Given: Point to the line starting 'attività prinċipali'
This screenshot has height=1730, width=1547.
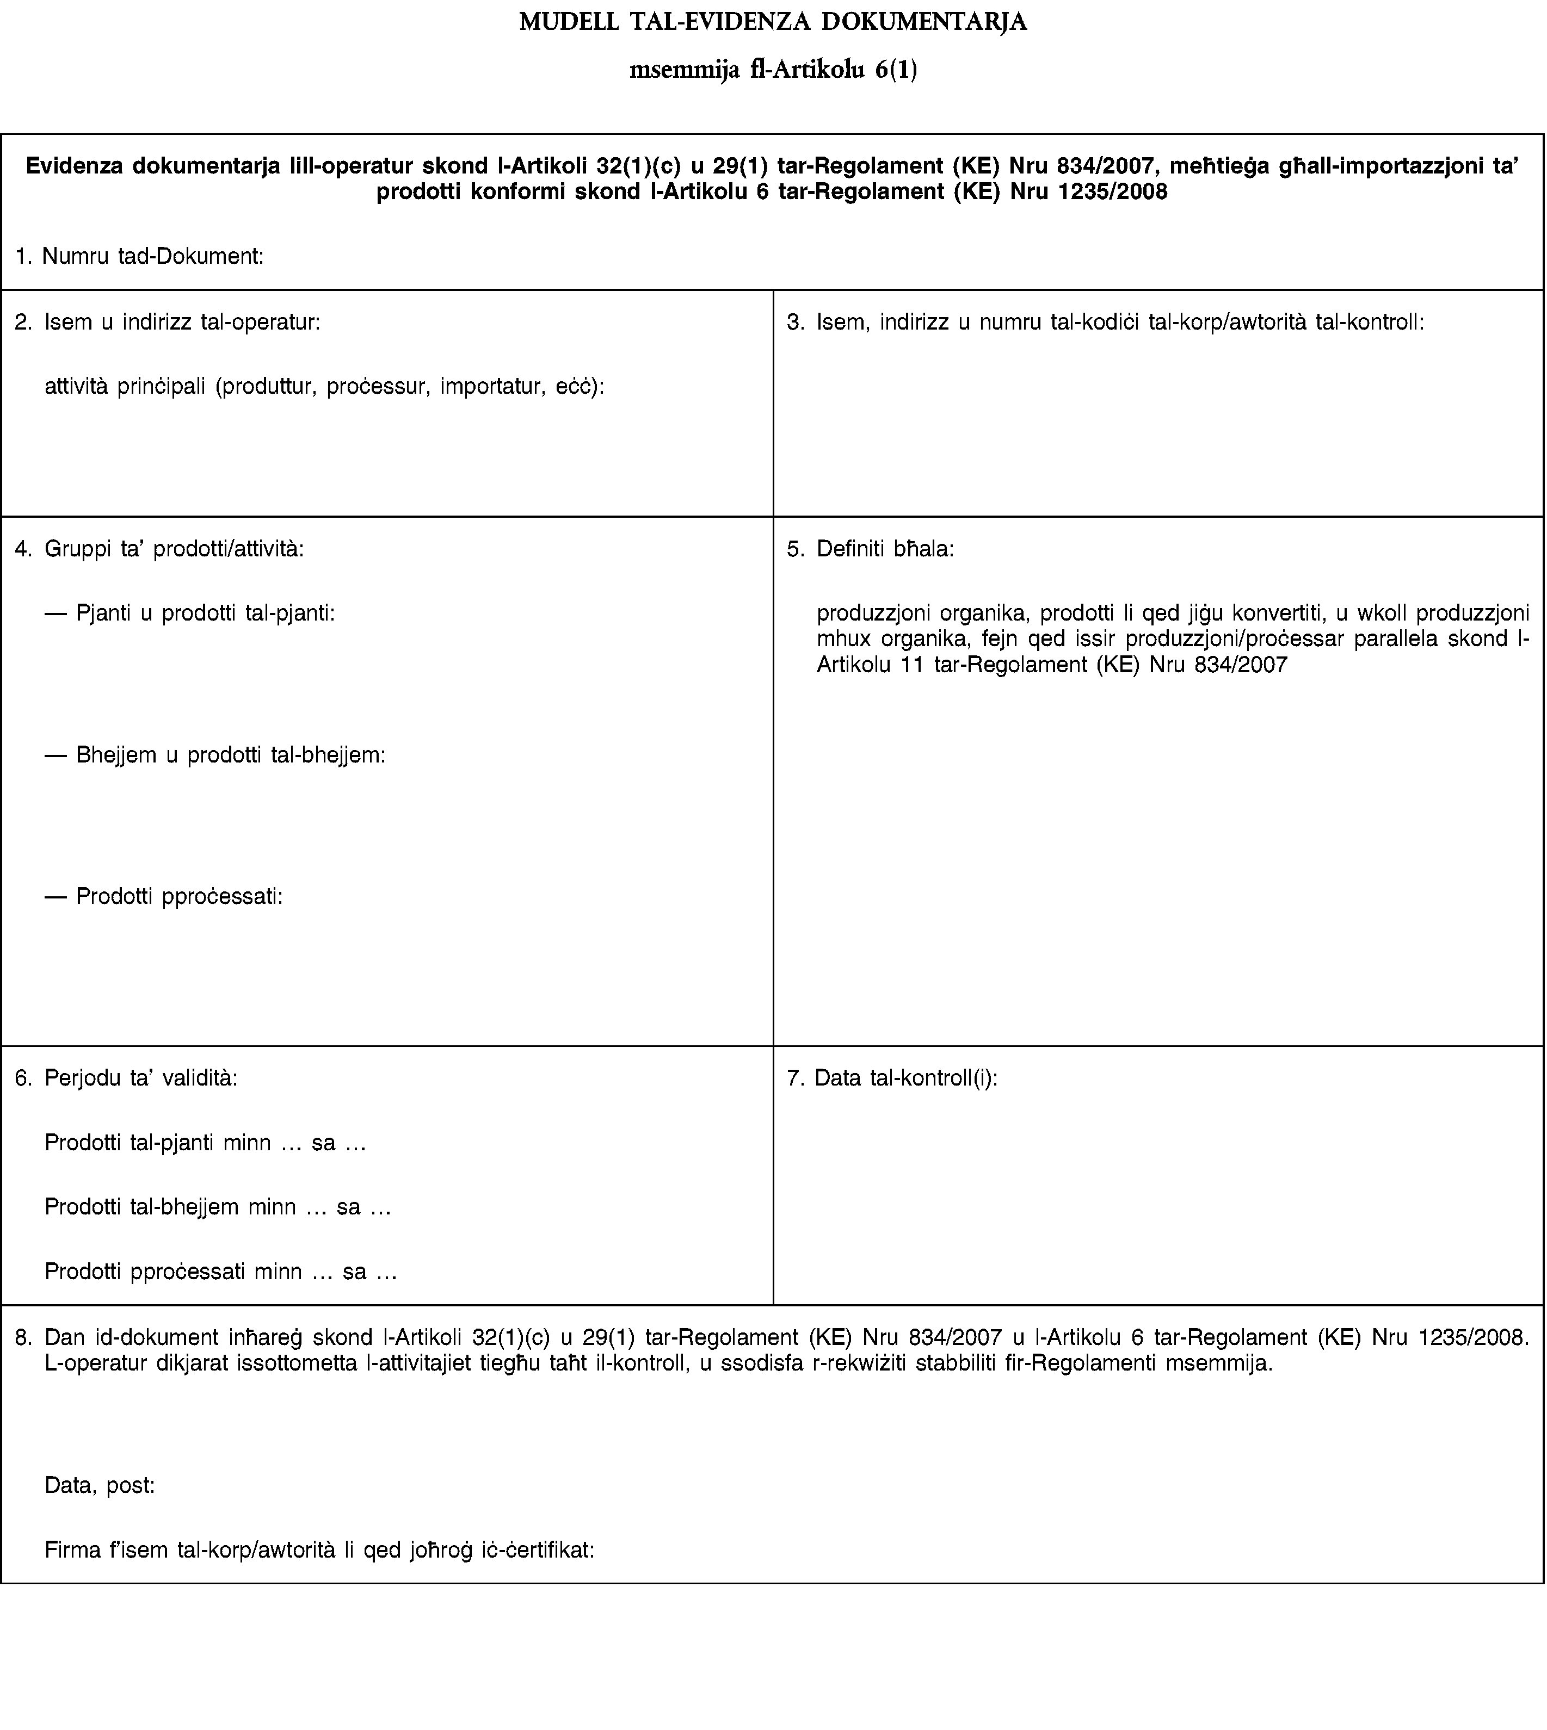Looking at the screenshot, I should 325,387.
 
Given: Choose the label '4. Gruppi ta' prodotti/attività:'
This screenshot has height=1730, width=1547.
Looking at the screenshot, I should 160,548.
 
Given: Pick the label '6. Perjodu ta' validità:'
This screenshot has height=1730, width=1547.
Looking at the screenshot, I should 127,1078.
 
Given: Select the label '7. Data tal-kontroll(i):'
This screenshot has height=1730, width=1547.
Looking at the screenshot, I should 892,1078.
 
